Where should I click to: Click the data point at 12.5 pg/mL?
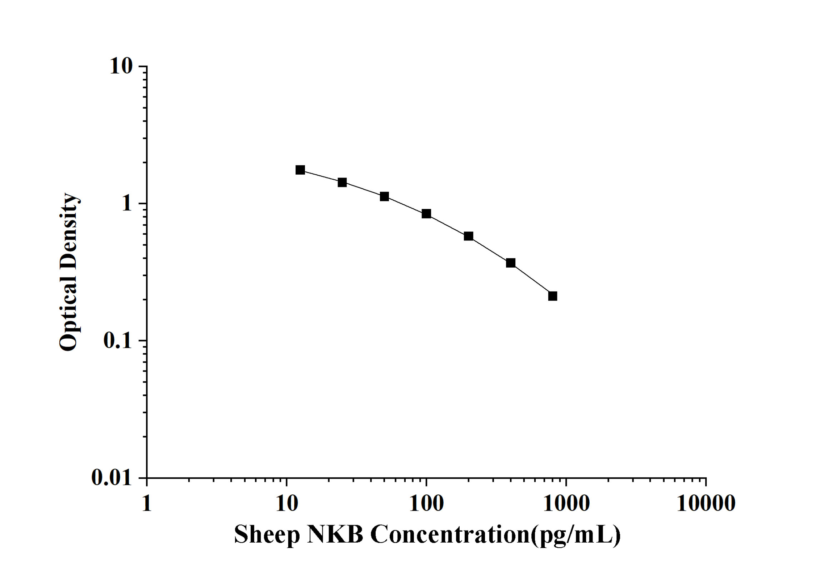click(x=300, y=170)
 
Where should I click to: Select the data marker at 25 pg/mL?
click(x=342, y=183)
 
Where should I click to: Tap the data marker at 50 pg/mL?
click(x=384, y=196)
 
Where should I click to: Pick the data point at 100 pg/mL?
click(x=426, y=214)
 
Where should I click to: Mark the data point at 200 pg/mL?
click(x=469, y=236)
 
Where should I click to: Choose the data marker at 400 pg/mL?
click(x=511, y=263)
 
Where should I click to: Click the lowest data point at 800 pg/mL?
click(x=552, y=296)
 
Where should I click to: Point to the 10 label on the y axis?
click(x=121, y=66)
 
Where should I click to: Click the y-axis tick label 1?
click(x=127, y=204)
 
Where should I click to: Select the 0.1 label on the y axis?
click(x=117, y=340)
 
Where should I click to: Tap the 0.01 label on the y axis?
click(x=111, y=477)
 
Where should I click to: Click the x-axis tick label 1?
click(x=147, y=503)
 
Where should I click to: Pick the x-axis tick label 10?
click(x=287, y=503)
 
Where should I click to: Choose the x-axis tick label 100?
click(x=426, y=503)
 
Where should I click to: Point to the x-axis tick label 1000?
click(x=566, y=503)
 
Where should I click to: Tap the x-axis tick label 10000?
click(x=706, y=503)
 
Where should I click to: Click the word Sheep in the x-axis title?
click(x=267, y=535)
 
